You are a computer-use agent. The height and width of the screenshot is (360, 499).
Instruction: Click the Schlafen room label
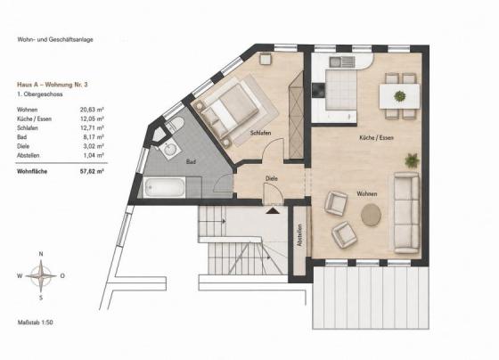tap(260, 133)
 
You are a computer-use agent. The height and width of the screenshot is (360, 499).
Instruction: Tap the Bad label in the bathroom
tap(191, 161)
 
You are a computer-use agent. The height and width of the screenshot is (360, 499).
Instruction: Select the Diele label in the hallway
tap(272, 178)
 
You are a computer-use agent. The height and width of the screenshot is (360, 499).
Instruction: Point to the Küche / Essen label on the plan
tap(376, 138)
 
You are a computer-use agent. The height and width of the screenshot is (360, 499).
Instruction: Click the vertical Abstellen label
tap(299, 235)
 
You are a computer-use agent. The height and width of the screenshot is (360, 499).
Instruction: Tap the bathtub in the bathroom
tap(164, 187)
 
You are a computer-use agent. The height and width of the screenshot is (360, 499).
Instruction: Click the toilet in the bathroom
tap(175, 125)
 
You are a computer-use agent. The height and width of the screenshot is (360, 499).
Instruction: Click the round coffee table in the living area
tap(371, 215)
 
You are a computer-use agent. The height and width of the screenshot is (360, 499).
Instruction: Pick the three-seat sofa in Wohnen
tap(406, 213)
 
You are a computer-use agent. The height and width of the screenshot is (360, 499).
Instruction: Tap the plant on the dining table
tap(400, 96)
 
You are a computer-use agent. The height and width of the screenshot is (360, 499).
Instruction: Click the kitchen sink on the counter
tap(342, 61)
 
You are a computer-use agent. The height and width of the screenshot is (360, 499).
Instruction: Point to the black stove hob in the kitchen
tap(318, 90)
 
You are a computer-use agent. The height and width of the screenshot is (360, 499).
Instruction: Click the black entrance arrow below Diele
tap(273, 210)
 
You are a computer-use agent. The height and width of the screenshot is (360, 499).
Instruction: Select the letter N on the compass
tap(41, 254)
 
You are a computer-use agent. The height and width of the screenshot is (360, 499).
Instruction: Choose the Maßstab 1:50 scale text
tap(35, 323)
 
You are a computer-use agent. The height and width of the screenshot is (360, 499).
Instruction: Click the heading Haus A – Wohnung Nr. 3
tap(53, 85)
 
